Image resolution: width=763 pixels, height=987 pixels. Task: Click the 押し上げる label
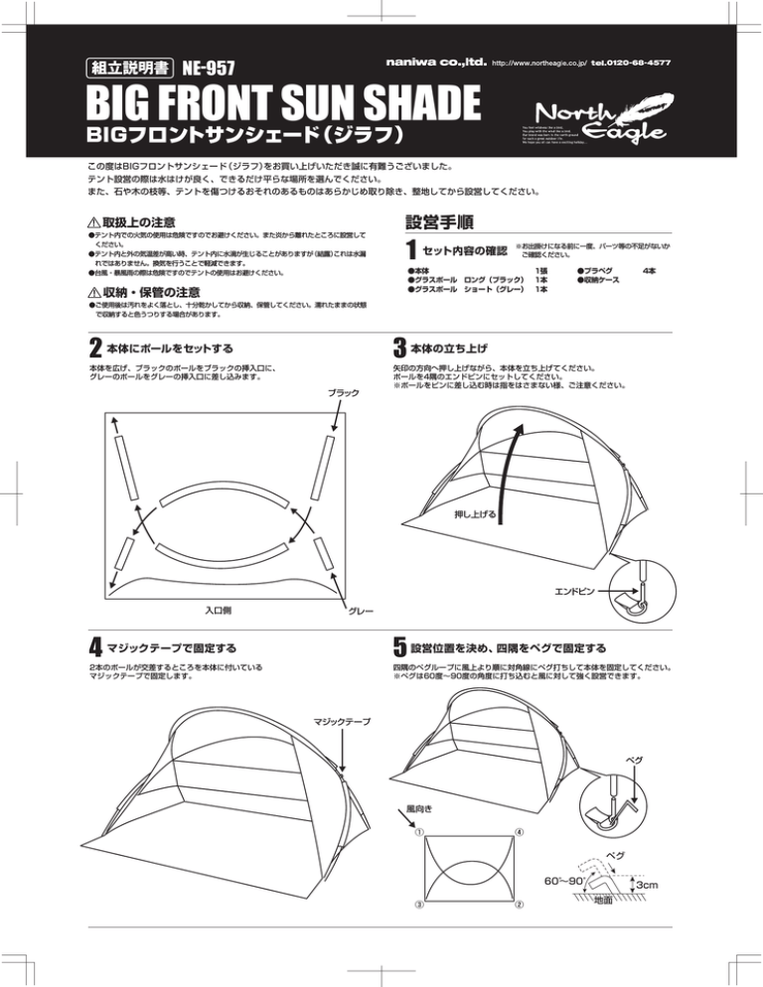pos(474,514)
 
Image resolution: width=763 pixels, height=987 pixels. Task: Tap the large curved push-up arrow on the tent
pos(508,457)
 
